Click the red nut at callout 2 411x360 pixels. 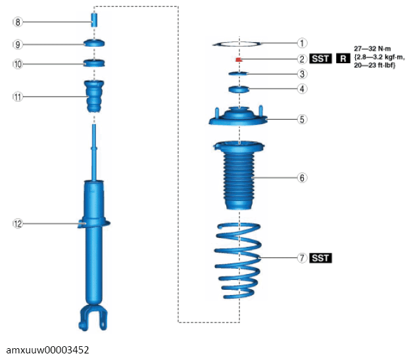click(x=239, y=60)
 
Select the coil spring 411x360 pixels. click(x=238, y=261)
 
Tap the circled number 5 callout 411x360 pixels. click(x=302, y=120)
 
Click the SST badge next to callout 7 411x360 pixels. click(x=320, y=258)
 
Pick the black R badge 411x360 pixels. click(x=343, y=58)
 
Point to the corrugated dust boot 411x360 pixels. click(x=239, y=175)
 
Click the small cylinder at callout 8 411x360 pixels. click(x=94, y=20)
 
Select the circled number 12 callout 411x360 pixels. click(x=18, y=224)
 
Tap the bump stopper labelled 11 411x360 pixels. click(x=94, y=96)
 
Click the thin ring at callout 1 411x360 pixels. click(x=237, y=44)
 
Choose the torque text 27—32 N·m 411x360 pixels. click(x=372, y=49)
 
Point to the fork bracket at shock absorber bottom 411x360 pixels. click(x=93, y=317)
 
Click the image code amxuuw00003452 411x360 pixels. click(x=47, y=349)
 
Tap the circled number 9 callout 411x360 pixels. click(x=18, y=45)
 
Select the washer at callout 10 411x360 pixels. click(x=94, y=63)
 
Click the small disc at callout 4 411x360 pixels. click(x=239, y=89)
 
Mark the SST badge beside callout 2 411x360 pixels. click(x=320, y=58)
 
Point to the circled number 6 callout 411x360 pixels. click(x=302, y=178)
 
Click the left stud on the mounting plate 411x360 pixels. click(x=217, y=112)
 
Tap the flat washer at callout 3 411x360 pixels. click(x=238, y=74)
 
